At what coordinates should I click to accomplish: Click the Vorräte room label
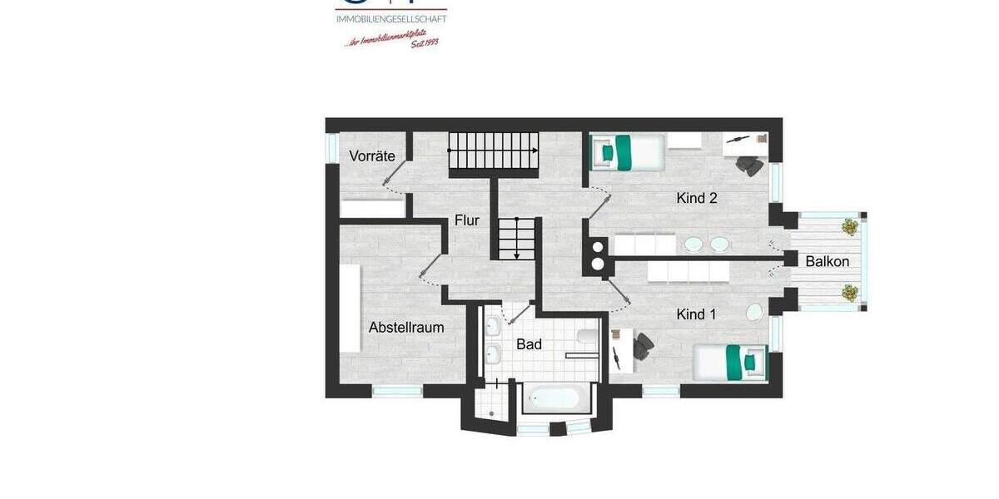(x=372, y=156)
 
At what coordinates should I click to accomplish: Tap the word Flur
(x=466, y=220)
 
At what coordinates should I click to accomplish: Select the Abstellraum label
(x=406, y=328)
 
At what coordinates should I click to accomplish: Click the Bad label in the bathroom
(x=529, y=343)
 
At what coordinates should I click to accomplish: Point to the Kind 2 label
(x=697, y=199)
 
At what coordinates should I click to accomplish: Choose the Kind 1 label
(x=696, y=314)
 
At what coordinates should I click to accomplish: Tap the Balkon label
(x=827, y=261)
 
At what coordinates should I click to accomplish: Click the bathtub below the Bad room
(x=553, y=398)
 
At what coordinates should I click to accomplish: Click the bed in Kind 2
(x=629, y=151)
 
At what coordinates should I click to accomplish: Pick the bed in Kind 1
(x=730, y=363)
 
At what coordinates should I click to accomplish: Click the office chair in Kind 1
(x=643, y=346)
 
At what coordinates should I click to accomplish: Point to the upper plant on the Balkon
(x=849, y=226)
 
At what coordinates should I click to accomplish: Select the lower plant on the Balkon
(x=849, y=292)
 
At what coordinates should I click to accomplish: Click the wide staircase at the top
(x=494, y=151)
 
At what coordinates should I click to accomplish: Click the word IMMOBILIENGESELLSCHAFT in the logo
(x=390, y=18)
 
